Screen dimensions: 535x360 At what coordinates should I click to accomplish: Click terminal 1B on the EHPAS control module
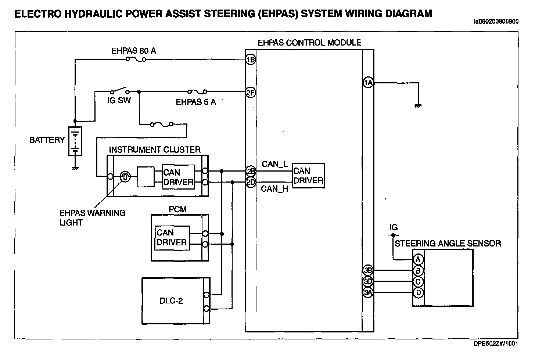pyautogui.click(x=251, y=60)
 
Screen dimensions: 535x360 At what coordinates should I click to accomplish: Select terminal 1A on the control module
pyautogui.click(x=368, y=83)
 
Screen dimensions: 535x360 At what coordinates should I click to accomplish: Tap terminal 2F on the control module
pyautogui.click(x=251, y=93)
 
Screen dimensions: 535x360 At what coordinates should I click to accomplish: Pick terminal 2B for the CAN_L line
pyautogui.click(x=251, y=171)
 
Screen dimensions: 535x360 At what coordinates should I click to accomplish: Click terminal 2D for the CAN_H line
pyautogui.click(x=251, y=182)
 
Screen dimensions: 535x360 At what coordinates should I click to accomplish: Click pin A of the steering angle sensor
pyautogui.click(x=418, y=259)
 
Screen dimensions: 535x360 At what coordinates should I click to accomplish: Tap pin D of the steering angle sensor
pyautogui.click(x=418, y=293)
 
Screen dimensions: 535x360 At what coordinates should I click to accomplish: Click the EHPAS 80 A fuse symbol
pyautogui.click(x=136, y=59)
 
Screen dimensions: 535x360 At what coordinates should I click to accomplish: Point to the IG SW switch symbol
pyautogui.click(x=119, y=90)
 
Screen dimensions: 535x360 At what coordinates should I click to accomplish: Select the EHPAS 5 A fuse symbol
pyautogui.click(x=197, y=91)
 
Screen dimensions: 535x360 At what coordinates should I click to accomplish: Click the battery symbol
pyautogui.click(x=75, y=141)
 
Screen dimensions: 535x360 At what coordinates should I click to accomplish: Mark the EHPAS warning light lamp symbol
pyautogui.click(x=125, y=177)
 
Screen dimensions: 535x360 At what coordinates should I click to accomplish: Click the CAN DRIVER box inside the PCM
pyautogui.click(x=172, y=238)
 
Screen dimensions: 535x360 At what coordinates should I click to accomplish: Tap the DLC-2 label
pyautogui.click(x=171, y=300)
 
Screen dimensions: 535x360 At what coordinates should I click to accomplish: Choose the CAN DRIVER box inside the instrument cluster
pyautogui.click(x=179, y=177)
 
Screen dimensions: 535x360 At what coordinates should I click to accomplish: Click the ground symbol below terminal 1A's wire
pyautogui.click(x=418, y=106)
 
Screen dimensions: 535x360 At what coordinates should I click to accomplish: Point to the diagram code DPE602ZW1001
pyautogui.click(x=496, y=343)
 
